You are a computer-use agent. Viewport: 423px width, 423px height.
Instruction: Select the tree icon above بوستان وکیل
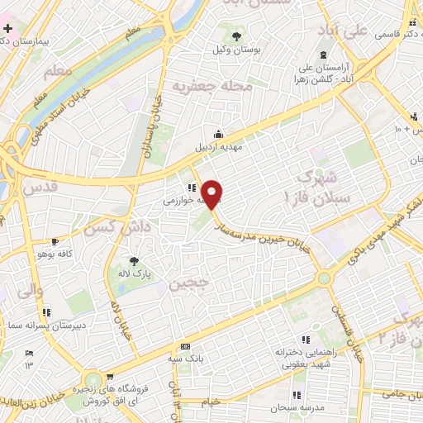coord(237,36)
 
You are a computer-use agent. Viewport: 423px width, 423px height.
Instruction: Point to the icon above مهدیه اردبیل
coord(217,134)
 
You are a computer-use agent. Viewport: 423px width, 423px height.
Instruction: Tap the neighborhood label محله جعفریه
coord(204,84)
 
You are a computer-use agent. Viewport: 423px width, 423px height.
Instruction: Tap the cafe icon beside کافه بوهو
coord(54,242)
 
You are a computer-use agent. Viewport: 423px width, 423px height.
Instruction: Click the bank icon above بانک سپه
coord(185,346)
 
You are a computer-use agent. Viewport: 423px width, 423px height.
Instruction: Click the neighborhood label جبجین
coord(185,285)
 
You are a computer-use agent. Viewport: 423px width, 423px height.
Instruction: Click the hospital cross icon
coord(7,29)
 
